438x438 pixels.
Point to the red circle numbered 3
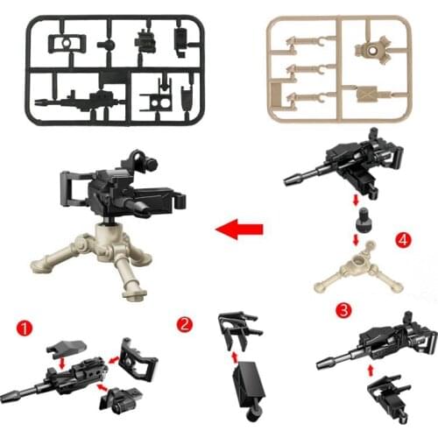click(x=343, y=309)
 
